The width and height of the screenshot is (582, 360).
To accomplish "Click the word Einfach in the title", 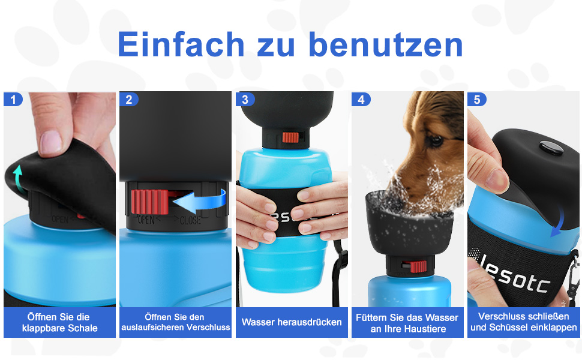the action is [x=181, y=44].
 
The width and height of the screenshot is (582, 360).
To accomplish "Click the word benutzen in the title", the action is [x=386, y=44].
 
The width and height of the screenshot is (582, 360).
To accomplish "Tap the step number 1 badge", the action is [x=13, y=100].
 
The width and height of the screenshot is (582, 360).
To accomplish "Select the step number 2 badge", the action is [x=129, y=100].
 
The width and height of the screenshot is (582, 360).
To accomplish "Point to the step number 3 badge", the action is [x=245, y=100].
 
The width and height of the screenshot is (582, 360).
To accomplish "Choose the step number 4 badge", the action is [x=361, y=100].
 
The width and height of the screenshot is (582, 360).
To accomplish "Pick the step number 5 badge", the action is [x=477, y=100].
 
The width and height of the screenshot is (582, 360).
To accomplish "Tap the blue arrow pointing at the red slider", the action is [x=200, y=200].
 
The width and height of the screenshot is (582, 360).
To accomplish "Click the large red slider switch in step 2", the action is [x=150, y=202].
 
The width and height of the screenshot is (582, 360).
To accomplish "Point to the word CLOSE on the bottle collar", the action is [x=190, y=220].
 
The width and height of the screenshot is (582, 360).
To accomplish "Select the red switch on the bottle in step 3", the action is [x=290, y=137].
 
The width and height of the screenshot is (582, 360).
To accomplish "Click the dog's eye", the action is [x=434, y=140].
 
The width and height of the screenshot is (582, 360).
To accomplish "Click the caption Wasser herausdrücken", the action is [x=292, y=322].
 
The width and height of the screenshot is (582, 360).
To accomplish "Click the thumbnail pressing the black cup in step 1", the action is [x=51, y=142].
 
